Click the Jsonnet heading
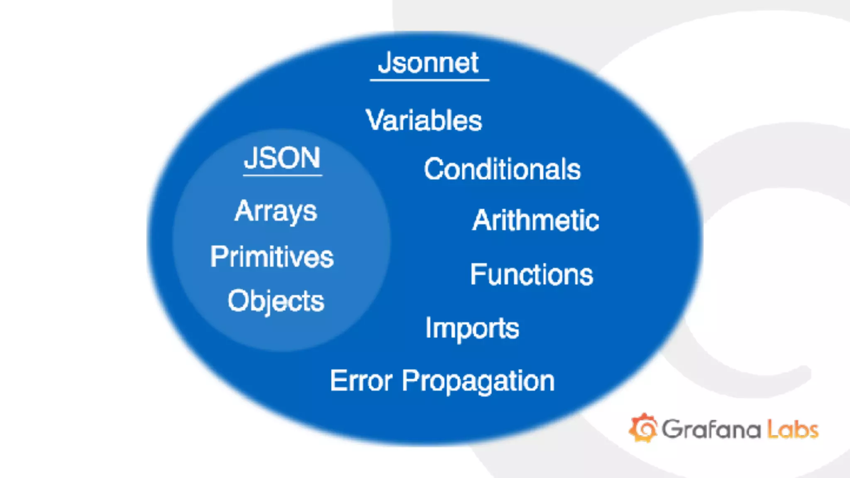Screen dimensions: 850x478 [x=428, y=63]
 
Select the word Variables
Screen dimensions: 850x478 [x=424, y=121]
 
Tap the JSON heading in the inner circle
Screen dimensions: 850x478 [x=282, y=158]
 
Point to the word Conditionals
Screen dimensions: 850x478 [x=502, y=169]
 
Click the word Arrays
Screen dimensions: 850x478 [x=276, y=212]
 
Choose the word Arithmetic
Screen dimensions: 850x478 [x=535, y=220]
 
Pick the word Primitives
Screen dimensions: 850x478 [x=272, y=257]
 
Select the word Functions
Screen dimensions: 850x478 [x=532, y=275]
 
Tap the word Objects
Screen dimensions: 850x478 [x=276, y=301]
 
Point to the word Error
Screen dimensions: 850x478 [x=361, y=380]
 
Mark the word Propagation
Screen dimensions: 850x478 [x=478, y=381]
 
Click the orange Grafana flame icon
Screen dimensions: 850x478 [x=643, y=428]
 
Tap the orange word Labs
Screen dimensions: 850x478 [x=792, y=429]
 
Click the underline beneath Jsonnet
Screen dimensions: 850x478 [x=430, y=80]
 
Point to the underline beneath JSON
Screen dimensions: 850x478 [x=283, y=176]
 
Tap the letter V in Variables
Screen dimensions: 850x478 [x=376, y=120]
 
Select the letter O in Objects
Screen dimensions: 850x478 [x=238, y=300]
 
